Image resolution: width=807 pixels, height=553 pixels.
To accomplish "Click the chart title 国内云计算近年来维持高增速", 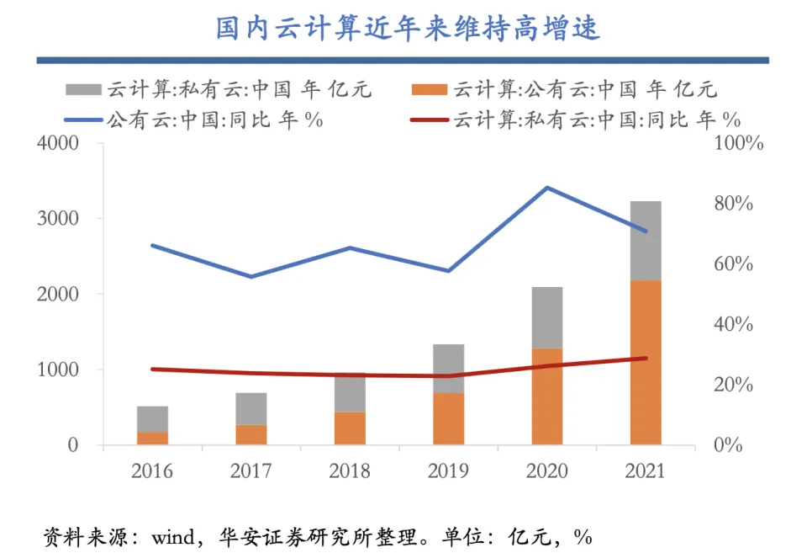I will [408, 28].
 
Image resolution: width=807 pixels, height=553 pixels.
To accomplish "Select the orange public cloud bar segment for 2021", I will [646, 362].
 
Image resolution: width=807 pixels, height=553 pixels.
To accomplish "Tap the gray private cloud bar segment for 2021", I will [646, 241].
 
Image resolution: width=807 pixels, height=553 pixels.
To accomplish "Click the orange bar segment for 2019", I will [448, 418].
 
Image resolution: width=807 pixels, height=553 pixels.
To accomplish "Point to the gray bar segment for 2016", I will [152, 419].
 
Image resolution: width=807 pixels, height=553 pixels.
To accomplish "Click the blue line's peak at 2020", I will [547, 187].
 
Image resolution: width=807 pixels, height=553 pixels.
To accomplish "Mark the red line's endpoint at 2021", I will [646, 359].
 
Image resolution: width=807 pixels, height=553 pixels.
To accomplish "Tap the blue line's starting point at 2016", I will [152, 246].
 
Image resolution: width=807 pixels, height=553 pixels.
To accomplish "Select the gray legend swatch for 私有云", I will [84, 89].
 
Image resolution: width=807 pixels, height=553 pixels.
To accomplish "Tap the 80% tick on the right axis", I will [738, 205].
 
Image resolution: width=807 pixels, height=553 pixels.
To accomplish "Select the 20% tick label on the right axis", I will [738, 385].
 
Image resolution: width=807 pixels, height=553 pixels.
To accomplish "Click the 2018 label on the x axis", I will [349, 471].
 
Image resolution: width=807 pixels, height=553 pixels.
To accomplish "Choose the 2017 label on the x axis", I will [251, 471].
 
